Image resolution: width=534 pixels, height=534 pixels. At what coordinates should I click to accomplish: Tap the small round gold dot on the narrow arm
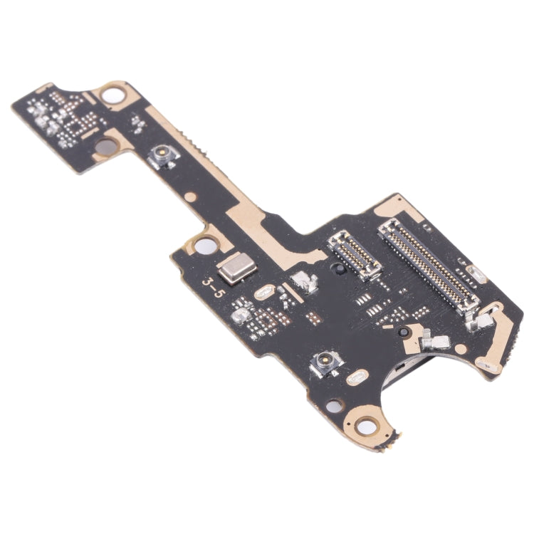[191, 197]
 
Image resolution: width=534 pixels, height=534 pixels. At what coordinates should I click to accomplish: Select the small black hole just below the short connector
[402, 331]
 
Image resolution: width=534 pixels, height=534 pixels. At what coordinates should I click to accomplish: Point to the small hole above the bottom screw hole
[334, 407]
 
